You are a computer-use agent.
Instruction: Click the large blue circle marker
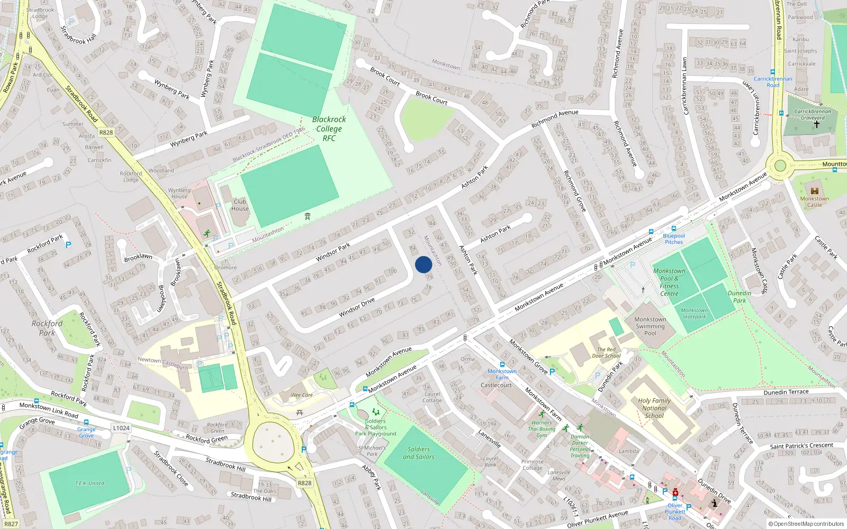(x=424, y=264)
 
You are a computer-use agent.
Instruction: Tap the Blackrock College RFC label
(x=329, y=129)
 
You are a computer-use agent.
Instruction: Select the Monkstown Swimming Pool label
(x=650, y=326)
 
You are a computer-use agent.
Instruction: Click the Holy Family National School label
(x=654, y=408)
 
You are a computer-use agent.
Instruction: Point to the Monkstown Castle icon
(x=815, y=191)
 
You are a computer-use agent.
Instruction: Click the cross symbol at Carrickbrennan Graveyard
(x=816, y=125)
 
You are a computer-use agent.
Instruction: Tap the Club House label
(x=240, y=205)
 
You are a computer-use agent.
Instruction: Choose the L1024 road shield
(x=121, y=428)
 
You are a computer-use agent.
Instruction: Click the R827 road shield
(x=11, y=524)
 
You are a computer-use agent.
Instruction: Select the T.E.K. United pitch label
(x=89, y=483)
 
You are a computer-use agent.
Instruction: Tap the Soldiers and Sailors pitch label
(x=418, y=453)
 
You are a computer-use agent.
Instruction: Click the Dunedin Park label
(x=740, y=297)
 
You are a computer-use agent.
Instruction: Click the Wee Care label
(x=302, y=395)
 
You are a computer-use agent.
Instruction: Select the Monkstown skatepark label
(x=694, y=314)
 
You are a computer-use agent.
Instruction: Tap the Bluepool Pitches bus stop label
(x=673, y=239)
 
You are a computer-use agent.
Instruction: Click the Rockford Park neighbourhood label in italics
(x=47, y=328)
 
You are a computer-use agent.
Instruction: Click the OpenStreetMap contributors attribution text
(x=806, y=524)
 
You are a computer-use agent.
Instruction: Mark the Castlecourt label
(x=496, y=385)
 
